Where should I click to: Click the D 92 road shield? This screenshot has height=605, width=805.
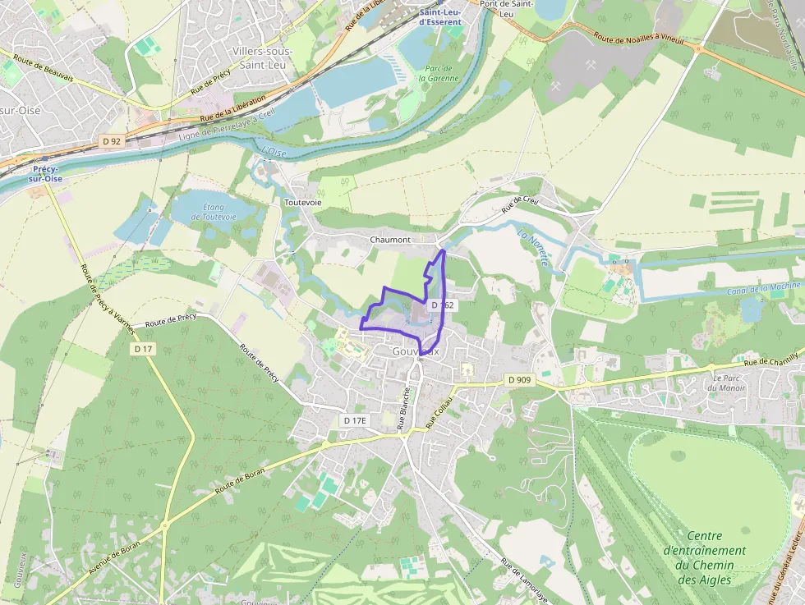(112, 141)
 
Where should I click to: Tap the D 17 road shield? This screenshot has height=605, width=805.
(143, 349)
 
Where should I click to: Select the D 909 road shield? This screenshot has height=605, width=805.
(519, 380)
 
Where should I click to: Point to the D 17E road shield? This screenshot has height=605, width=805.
(355, 420)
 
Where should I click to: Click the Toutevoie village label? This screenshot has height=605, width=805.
(302, 202)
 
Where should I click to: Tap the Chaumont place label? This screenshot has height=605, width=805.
(390, 240)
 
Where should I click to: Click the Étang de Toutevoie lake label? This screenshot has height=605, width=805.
(214, 212)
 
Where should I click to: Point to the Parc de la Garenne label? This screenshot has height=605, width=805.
(436, 73)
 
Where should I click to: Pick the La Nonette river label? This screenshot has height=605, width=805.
(533, 247)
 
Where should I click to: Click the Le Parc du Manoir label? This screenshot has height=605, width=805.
(724, 383)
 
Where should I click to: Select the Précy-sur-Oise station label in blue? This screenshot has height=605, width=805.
(45, 173)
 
